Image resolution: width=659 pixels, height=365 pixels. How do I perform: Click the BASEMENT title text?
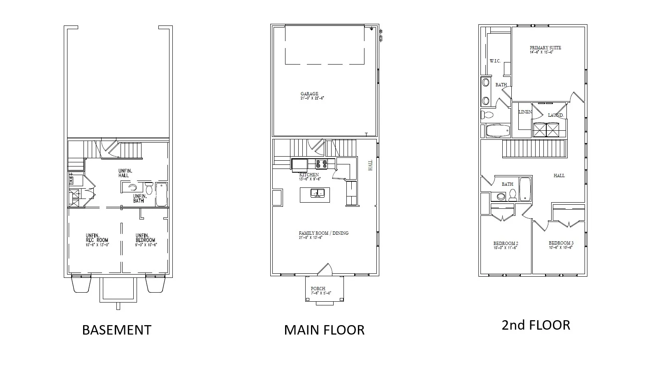click(x=117, y=330)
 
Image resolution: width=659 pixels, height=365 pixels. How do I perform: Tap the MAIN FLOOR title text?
click(x=324, y=330)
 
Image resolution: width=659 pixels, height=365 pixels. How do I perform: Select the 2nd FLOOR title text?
click(x=536, y=325)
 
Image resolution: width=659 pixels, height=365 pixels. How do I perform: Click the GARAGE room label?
click(x=309, y=94)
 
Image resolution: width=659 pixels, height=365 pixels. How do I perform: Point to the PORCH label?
click(x=318, y=289)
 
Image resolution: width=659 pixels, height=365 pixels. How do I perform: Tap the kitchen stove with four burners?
click(x=321, y=164)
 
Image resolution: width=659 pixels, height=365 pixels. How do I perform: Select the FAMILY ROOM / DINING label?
click(x=323, y=233)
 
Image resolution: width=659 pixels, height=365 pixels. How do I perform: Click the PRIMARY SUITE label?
click(x=545, y=48)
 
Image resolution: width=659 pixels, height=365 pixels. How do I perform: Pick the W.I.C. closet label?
click(x=495, y=61)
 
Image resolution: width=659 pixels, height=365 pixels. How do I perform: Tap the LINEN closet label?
click(x=525, y=112)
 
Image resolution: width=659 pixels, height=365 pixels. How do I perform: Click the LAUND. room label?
click(x=555, y=115)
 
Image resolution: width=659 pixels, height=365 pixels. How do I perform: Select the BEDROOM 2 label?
click(x=506, y=243)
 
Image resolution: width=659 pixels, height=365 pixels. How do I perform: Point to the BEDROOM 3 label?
click(x=561, y=243)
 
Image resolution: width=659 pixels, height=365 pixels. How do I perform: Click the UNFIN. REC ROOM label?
click(x=97, y=238)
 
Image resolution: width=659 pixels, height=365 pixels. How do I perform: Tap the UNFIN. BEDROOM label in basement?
click(x=146, y=238)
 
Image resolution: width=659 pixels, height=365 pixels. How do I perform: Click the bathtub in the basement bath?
click(x=161, y=195)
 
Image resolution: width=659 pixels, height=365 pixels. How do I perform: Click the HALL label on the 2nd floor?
click(x=559, y=176)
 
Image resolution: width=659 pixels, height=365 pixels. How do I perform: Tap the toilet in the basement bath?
click(x=149, y=189)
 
